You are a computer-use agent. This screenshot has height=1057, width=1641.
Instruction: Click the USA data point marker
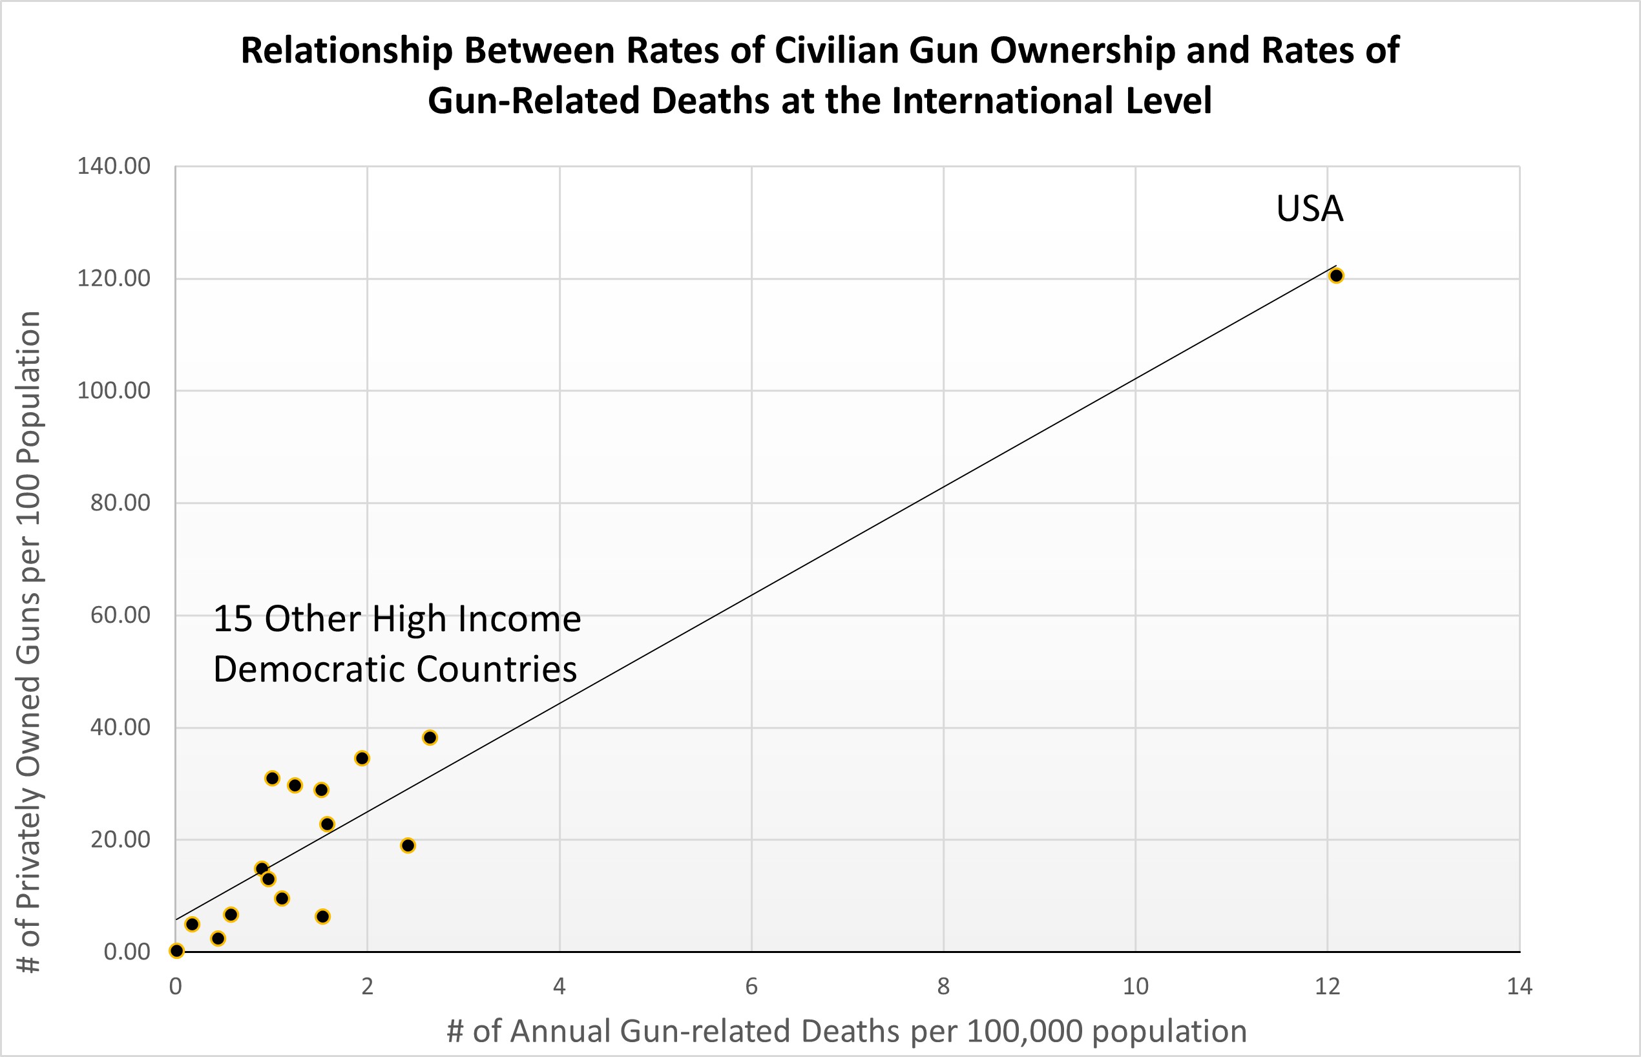1335,276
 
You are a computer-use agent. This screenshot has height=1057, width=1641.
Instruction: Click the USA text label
1309,209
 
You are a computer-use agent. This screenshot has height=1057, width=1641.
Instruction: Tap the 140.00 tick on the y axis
113,166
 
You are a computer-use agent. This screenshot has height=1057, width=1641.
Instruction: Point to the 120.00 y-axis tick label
113,278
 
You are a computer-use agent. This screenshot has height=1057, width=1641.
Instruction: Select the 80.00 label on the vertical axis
120,503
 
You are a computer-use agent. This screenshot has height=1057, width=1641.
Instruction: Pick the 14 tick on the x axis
1520,987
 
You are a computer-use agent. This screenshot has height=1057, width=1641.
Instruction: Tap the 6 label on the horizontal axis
751,987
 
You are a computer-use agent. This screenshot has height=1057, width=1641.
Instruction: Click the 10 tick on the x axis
1135,987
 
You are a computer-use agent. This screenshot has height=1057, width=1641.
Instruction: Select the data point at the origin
176,950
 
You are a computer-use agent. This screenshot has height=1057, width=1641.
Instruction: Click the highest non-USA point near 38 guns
430,738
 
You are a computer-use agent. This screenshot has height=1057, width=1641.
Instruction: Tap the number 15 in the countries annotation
233,618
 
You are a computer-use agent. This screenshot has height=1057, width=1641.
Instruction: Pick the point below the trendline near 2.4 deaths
408,846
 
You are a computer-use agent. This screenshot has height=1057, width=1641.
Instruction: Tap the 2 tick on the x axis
367,987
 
